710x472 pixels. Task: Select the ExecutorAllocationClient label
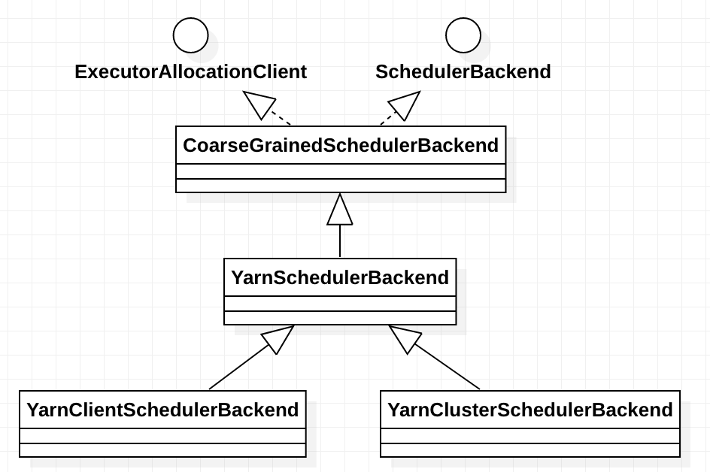pyautogui.click(x=190, y=72)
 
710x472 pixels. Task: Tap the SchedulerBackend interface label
pyautogui.click(x=463, y=72)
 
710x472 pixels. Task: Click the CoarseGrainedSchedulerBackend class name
pyautogui.click(x=341, y=145)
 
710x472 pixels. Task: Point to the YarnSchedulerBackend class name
pyautogui.click(x=340, y=277)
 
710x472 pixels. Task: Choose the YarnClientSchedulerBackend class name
pyautogui.click(x=162, y=410)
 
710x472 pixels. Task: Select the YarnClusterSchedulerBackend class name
pyautogui.click(x=530, y=410)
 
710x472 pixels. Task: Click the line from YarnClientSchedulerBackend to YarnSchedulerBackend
pyautogui.click(x=238, y=367)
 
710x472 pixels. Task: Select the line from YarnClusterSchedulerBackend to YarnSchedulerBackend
pyautogui.click(x=447, y=367)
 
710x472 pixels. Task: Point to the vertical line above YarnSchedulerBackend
pyautogui.click(x=340, y=241)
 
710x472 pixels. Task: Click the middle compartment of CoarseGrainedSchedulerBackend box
pyautogui.click(x=341, y=171)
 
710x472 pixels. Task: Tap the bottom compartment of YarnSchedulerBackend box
pyautogui.click(x=340, y=318)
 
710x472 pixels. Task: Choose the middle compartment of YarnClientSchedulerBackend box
pyautogui.click(x=162, y=436)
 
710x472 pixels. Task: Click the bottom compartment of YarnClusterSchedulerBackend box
pyautogui.click(x=530, y=450)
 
